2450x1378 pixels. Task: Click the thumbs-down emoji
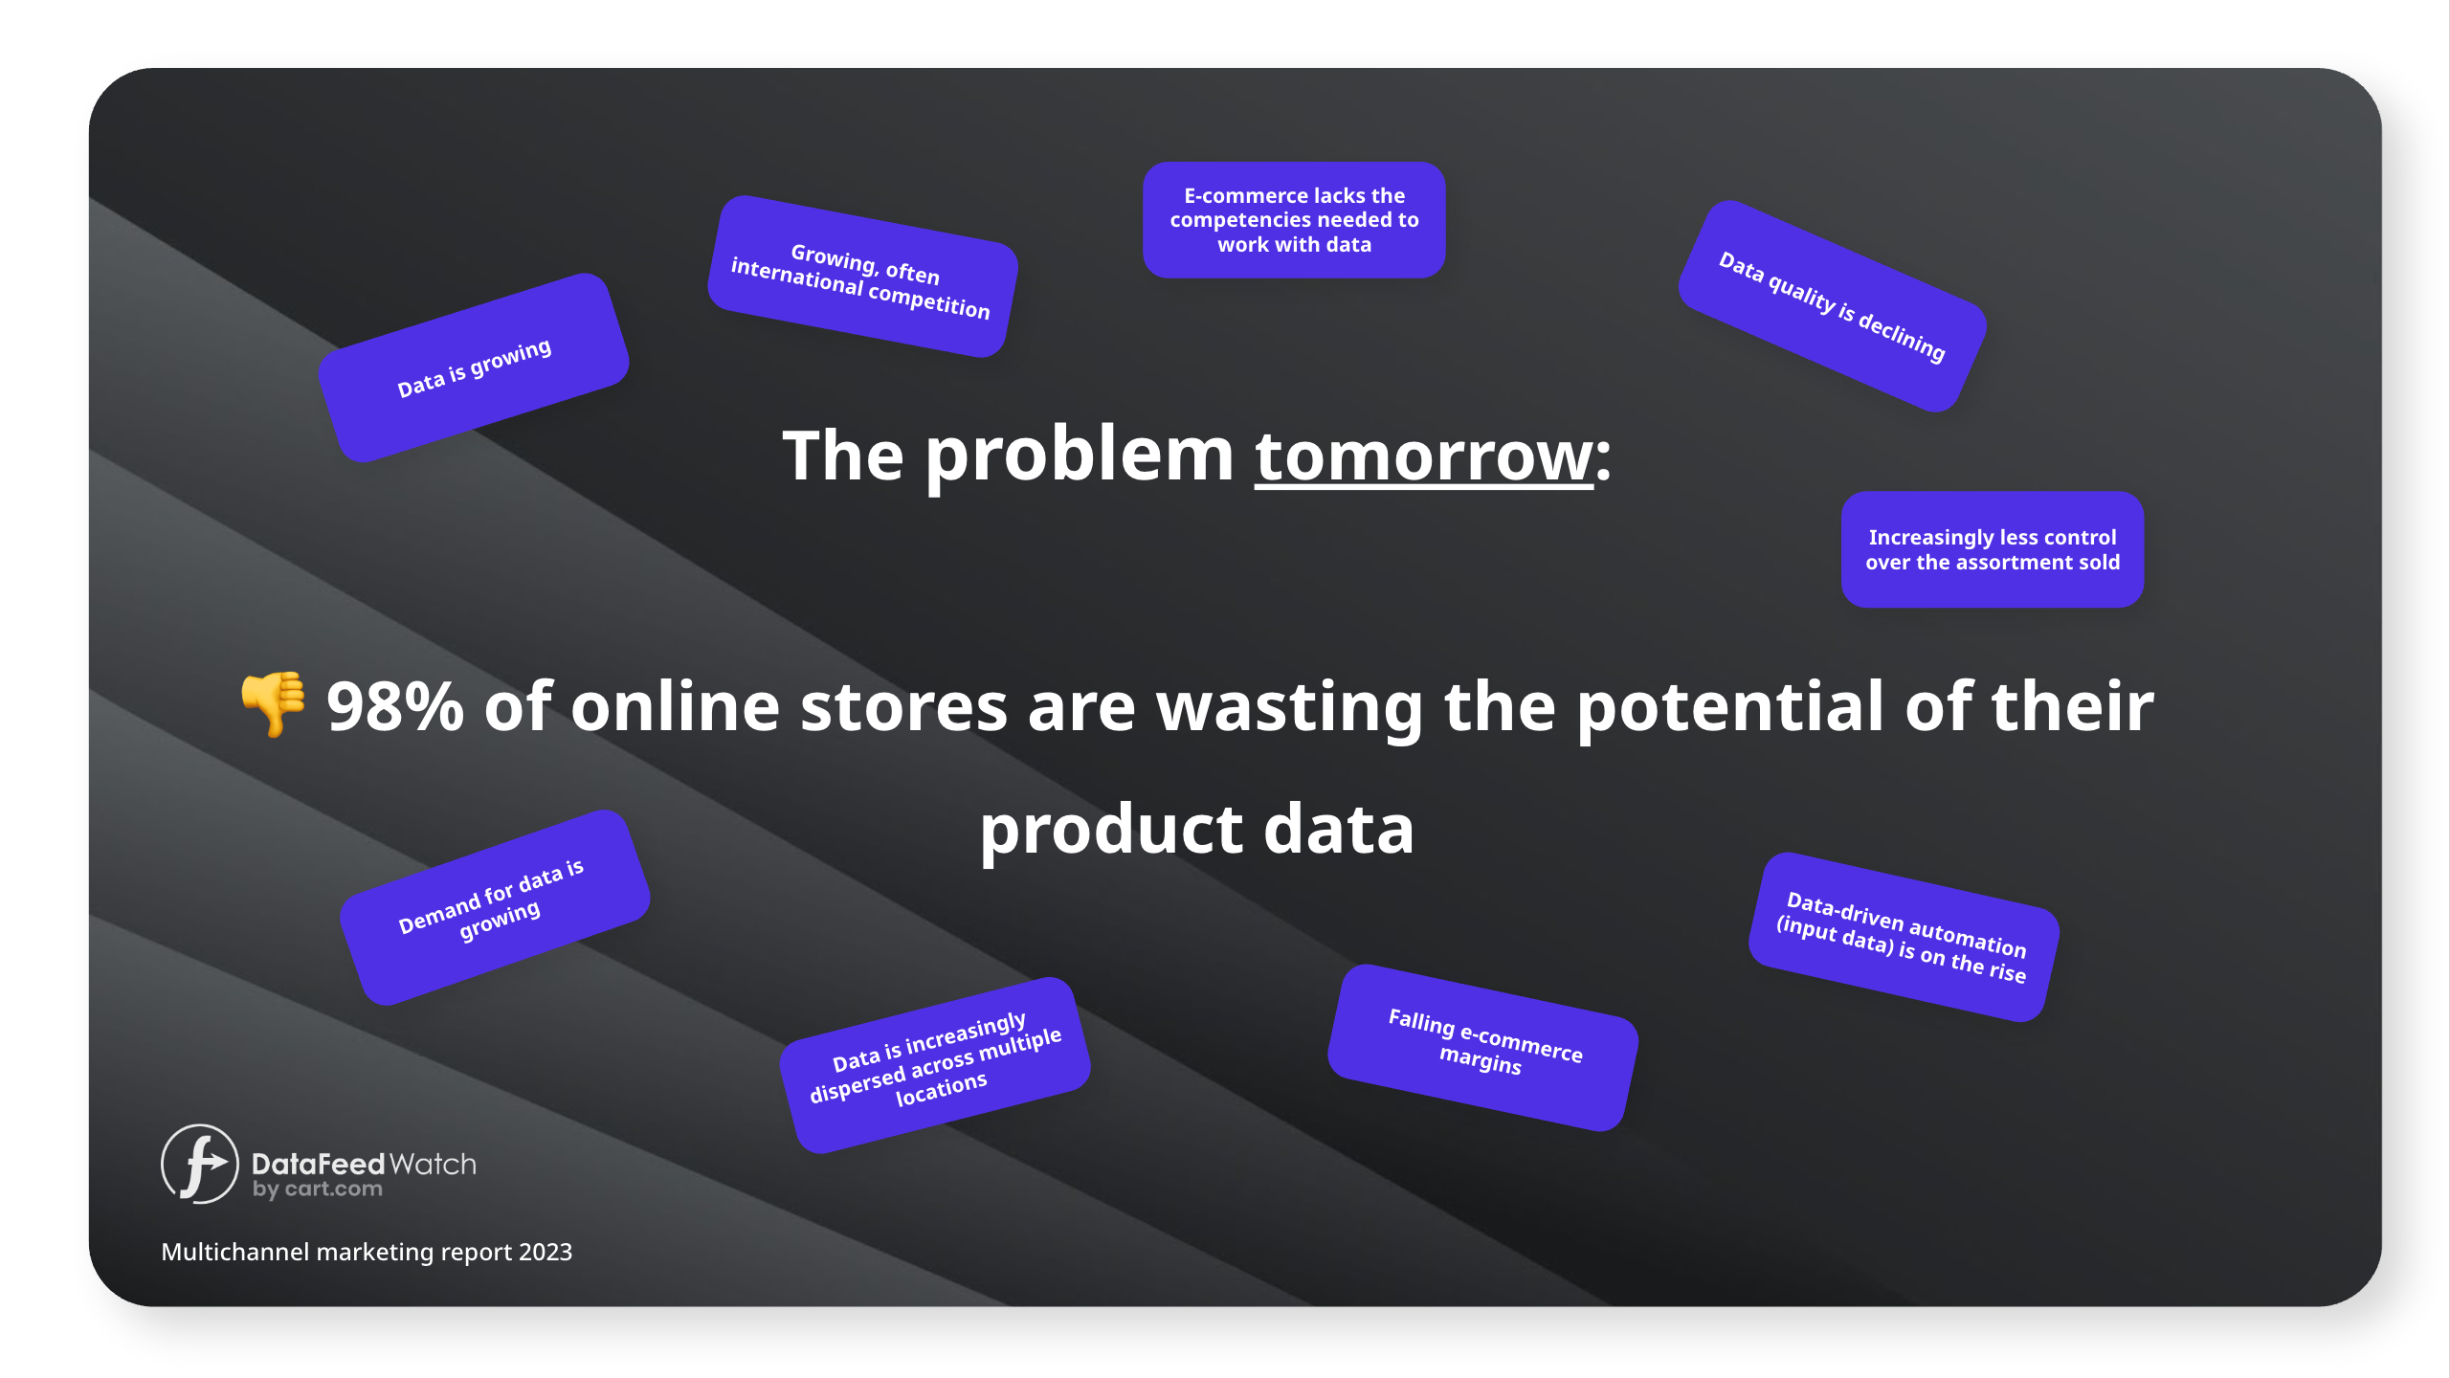click(274, 703)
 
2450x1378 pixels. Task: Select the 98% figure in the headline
click(395, 707)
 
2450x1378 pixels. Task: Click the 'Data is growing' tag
click(474, 367)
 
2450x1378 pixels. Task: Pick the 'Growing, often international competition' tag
click(862, 277)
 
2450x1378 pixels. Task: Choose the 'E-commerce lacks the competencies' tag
click(1294, 220)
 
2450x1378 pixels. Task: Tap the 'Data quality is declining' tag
click(1833, 306)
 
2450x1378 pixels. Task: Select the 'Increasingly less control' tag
click(1993, 549)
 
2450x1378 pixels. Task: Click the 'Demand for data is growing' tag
click(496, 907)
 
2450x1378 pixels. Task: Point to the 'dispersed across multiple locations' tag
click(936, 1065)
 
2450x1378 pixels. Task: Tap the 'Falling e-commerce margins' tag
click(1483, 1047)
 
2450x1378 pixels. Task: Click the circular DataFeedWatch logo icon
click(199, 1164)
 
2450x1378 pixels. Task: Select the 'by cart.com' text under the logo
click(318, 1189)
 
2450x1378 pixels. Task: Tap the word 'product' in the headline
click(1110, 831)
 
